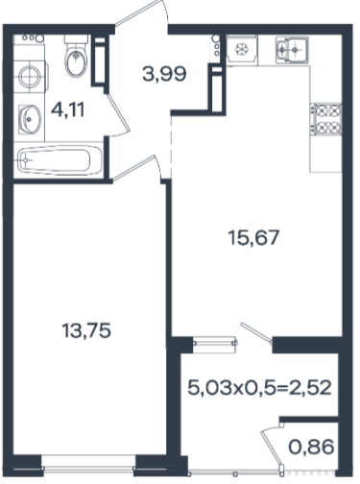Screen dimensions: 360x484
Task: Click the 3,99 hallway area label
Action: pos(164,74)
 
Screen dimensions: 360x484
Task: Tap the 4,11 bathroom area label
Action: pos(68,110)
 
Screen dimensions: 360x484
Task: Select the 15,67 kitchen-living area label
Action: pos(253,237)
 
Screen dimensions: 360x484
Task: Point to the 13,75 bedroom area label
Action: pos(86,330)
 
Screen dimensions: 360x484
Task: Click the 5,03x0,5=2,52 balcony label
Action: pos(259,388)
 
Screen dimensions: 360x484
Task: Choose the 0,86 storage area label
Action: pos(311,447)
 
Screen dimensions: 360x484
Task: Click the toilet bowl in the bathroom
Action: pos(76,60)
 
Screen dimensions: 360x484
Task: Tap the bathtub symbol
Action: pos(60,159)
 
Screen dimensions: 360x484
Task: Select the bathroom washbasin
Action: pos(29,119)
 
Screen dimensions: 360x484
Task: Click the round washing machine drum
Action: pos(30,77)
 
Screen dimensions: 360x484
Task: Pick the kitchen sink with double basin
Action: pos(292,50)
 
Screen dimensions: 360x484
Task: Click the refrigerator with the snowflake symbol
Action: pos(242,50)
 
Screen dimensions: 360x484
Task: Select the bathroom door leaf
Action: pos(118,113)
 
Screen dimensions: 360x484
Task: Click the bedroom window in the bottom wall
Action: pos(88,470)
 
